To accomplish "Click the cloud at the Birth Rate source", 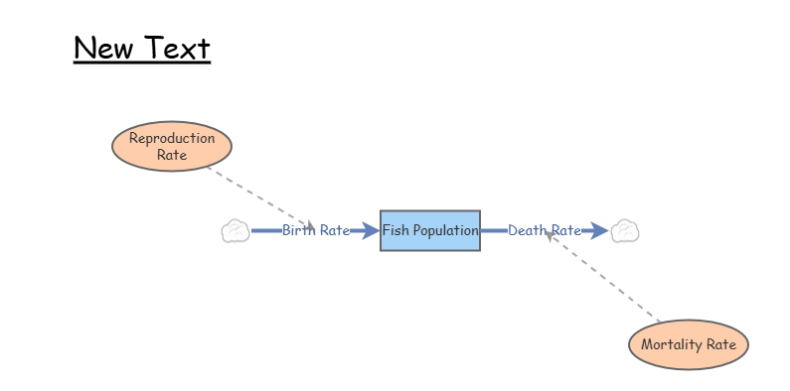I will [235, 231].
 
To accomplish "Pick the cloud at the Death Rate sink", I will [624, 231].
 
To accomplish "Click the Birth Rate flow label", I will [315, 231].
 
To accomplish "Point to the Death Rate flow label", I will [545, 231].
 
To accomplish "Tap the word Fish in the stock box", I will [396, 230].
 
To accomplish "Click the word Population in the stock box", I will [446, 230].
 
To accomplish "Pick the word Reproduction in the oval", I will [172, 138].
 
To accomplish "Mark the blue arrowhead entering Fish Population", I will [371, 231].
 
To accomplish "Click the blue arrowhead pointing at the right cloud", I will [599, 231].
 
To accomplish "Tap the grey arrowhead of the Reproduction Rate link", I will [310, 224].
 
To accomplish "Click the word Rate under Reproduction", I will [172, 155].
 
